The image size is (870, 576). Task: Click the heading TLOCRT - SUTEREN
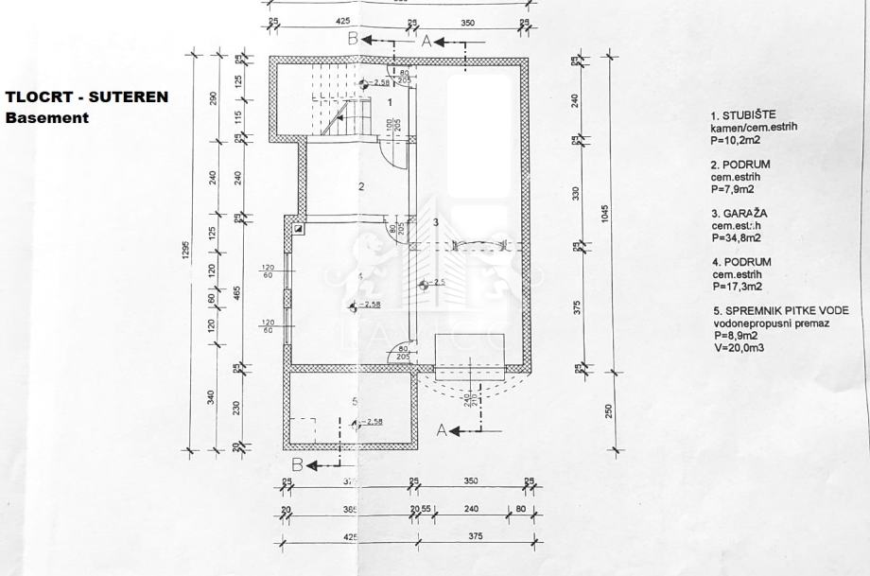87,96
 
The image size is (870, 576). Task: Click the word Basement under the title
47,118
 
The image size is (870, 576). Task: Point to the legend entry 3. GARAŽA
739,214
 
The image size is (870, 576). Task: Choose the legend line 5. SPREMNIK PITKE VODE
781,310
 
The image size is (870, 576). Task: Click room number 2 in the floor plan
361,186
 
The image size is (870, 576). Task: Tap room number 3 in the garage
436,222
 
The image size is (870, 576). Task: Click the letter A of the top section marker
426,40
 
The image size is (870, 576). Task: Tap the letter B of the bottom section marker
297,463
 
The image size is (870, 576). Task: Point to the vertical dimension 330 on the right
576,194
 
